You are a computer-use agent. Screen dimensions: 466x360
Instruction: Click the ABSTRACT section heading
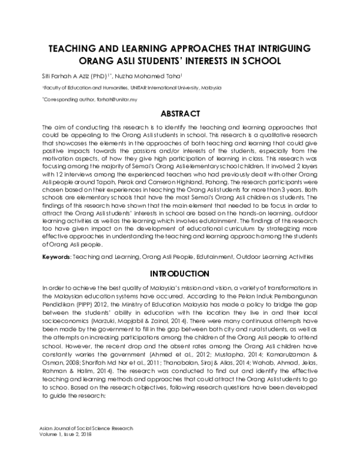pos(179,113)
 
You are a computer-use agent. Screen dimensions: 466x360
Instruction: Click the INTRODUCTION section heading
pos(179,273)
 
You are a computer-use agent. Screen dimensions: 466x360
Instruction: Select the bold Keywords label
pos(56,256)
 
